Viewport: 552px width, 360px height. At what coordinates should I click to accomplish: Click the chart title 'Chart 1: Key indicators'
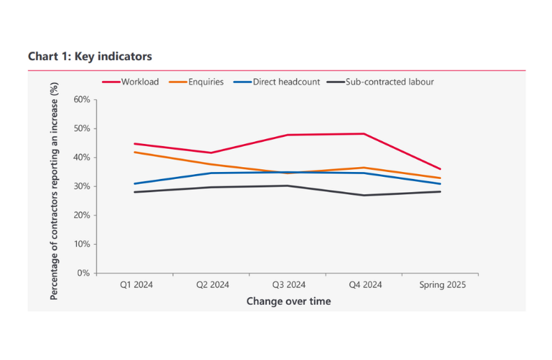tap(89, 56)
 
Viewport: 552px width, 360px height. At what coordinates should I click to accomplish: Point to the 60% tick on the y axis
tap(81, 100)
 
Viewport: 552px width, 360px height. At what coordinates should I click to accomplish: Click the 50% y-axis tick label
tap(81, 129)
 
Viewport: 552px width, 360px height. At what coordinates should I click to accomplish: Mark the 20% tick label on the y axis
tap(81, 215)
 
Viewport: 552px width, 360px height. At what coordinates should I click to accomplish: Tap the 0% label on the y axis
tap(83, 273)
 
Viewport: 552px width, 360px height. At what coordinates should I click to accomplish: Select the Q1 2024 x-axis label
tap(134, 285)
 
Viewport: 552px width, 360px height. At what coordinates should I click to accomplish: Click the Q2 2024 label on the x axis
tap(211, 285)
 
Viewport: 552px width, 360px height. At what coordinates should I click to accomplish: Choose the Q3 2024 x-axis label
tap(287, 285)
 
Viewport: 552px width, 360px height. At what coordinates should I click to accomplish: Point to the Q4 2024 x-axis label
tap(364, 285)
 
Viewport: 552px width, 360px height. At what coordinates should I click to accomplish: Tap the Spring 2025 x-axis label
tap(442, 285)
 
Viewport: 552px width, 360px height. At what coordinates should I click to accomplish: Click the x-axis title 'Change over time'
tap(288, 301)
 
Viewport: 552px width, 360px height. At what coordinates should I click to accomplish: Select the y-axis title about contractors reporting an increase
tap(55, 190)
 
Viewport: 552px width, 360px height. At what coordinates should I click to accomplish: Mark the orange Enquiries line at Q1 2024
tap(134, 152)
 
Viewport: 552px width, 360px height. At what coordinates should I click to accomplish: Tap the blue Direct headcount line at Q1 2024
tap(134, 184)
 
